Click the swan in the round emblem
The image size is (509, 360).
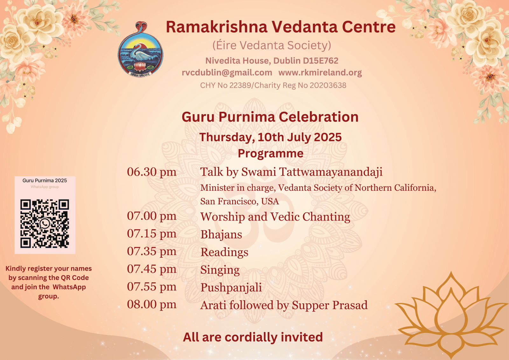coord(139,52)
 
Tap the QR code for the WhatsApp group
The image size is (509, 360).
coord(45,223)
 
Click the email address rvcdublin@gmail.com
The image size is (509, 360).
coord(227,73)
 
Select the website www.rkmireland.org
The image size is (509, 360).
coord(320,73)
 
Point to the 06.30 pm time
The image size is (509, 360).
coord(151,172)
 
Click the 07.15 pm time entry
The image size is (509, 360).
coord(151,234)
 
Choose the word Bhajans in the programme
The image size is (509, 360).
coord(221,234)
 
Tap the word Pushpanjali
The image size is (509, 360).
coord(231,287)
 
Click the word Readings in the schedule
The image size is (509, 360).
coord(224,252)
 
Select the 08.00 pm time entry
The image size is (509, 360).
coord(151,304)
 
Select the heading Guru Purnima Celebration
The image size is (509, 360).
coord(270,117)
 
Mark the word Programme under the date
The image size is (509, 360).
coord(270,153)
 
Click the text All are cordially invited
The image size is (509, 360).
coord(253,337)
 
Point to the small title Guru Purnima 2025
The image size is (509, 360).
coord(45,180)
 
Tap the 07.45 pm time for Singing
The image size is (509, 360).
coord(151,269)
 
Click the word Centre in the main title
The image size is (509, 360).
coord(369,27)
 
